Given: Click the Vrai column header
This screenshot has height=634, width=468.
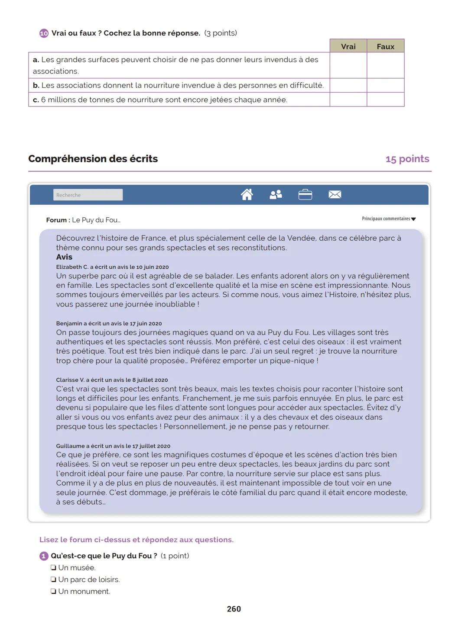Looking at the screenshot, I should [x=348, y=46].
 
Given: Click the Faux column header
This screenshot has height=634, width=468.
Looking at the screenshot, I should [x=385, y=46].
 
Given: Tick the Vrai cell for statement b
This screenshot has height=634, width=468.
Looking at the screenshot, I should [x=348, y=85].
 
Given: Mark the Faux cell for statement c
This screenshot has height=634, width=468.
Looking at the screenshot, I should [x=385, y=100].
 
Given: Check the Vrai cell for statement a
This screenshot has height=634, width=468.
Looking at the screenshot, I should [x=348, y=65].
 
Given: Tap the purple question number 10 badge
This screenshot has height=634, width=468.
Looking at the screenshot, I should [x=44, y=33].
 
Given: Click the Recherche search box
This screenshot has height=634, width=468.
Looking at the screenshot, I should [x=88, y=195].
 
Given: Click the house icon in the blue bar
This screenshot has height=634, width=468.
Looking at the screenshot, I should [x=247, y=195].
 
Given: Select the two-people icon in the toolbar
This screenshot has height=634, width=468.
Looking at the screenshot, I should [x=276, y=195].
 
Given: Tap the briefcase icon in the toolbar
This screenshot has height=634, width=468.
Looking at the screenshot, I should [x=305, y=195].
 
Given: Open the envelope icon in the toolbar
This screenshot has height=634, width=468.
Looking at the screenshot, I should [x=335, y=195].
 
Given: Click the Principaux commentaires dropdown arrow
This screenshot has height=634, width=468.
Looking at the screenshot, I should [x=413, y=219].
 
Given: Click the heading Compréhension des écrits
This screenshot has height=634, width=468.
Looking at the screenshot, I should [x=93, y=159].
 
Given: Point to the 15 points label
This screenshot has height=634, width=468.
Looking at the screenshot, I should [x=407, y=159].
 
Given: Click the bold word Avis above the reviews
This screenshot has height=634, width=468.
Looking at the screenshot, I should [x=64, y=257].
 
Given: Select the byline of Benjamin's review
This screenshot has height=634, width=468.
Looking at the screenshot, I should [x=109, y=323].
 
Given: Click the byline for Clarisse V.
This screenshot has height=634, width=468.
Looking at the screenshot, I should [x=112, y=380].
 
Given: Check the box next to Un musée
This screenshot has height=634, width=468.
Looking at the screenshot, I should [x=53, y=568].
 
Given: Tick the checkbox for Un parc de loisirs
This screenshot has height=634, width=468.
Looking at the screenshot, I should [x=53, y=580].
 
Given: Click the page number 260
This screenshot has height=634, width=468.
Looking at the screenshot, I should [x=234, y=609].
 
